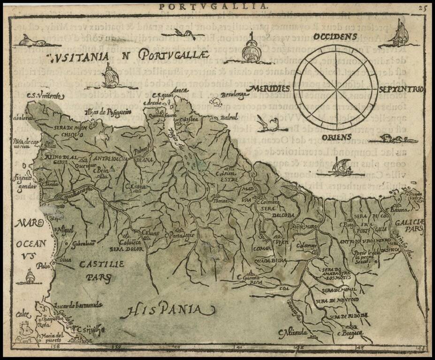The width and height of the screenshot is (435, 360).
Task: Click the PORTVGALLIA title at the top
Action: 214,6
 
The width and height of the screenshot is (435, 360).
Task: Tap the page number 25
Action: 423,7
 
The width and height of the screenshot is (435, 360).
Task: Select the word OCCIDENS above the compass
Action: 336,36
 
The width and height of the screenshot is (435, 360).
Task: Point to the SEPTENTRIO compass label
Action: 401,89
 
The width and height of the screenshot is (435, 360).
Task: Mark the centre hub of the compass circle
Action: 339,87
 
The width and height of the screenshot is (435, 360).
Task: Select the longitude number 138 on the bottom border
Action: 56,347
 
